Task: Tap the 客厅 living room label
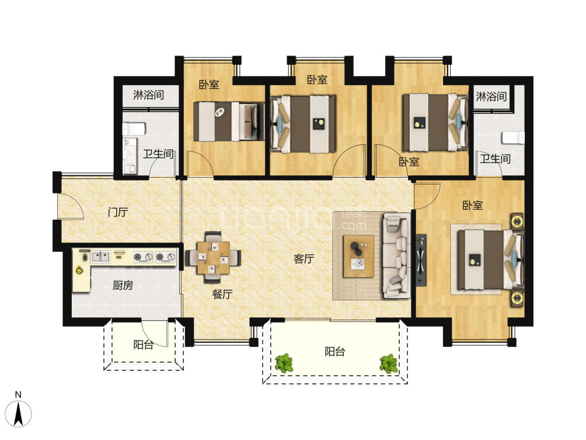coord(304,258)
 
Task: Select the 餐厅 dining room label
coord(222,294)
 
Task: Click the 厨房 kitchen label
coord(123,286)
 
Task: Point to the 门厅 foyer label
coord(118,212)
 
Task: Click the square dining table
coord(214,258)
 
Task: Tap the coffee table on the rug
coord(358,257)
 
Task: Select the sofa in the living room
coord(396,255)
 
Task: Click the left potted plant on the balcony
coord(284,363)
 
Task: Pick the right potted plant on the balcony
coord(389,363)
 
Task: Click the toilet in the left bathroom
coord(134,129)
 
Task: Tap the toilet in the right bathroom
coord(513,137)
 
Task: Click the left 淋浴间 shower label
coord(148,95)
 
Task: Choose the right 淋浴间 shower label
coord(491,96)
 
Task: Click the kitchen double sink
coord(101,257)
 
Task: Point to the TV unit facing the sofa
coord(421,260)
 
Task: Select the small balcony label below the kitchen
coord(143,345)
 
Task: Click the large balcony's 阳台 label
coord(334,352)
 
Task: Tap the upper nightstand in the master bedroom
coord(517,221)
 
